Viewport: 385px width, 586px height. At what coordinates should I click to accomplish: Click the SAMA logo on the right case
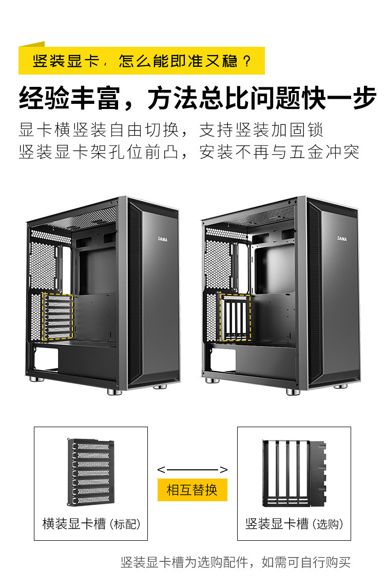tap(342, 238)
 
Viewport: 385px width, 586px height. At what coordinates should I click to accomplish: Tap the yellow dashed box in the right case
tap(236, 317)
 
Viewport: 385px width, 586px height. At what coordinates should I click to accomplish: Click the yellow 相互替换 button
tap(192, 489)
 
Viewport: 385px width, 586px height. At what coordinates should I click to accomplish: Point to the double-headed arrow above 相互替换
tap(192, 469)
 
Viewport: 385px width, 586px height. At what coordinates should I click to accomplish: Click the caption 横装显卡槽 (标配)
tap(91, 524)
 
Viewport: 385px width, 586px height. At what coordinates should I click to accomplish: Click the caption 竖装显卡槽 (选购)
tap(294, 524)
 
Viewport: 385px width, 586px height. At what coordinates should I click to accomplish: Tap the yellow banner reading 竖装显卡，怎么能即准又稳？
tap(142, 61)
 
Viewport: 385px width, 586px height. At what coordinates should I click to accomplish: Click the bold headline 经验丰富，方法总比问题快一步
tap(198, 98)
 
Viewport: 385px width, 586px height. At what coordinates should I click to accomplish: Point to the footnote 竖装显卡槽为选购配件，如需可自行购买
tap(236, 562)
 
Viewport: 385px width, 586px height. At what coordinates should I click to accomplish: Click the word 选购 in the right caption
tap(330, 524)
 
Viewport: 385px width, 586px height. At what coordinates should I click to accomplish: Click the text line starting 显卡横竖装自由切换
tap(171, 129)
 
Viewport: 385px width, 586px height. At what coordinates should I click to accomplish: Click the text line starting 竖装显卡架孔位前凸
tap(189, 152)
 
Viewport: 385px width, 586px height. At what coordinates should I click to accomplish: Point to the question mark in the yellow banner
tap(247, 62)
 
